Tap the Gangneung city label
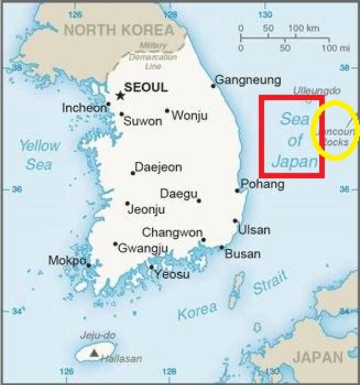pyautogui.click(x=247, y=80)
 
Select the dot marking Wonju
pyautogui.click(x=167, y=111)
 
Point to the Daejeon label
pyautogui.click(x=158, y=167)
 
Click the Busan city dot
pyautogui.click(x=222, y=248)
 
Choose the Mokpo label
pyautogui.click(x=67, y=260)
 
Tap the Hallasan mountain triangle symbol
pyautogui.click(x=95, y=353)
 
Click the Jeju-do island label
pyautogui.click(x=97, y=335)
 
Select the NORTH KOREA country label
pyautogui.click(x=119, y=30)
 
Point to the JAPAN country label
pyautogui.click(x=317, y=358)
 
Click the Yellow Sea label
pyautogui.click(x=39, y=154)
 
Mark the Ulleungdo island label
pyautogui.click(x=317, y=90)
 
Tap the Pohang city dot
pyautogui.click(x=237, y=191)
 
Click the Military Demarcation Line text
pyautogui.click(x=146, y=56)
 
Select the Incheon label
pyautogui.click(x=84, y=108)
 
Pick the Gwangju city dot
pyautogui.click(x=115, y=244)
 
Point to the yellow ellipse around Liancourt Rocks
pyautogui.click(x=335, y=130)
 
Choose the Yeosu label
pyautogui.click(x=172, y=274)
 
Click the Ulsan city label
pyautogui.click(x=254, y=229)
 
